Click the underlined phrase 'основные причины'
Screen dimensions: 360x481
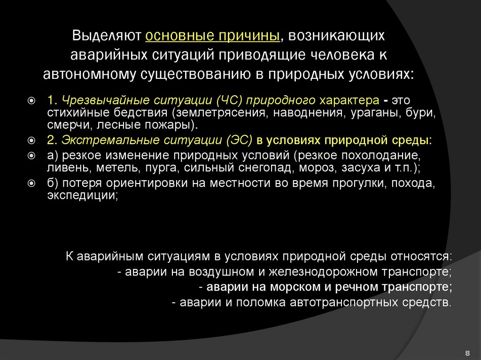click(213, 37)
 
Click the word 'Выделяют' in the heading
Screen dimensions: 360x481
click(107, 37)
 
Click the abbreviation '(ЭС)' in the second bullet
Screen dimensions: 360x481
click(240, 140)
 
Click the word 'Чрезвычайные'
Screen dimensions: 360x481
click(98, 101)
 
